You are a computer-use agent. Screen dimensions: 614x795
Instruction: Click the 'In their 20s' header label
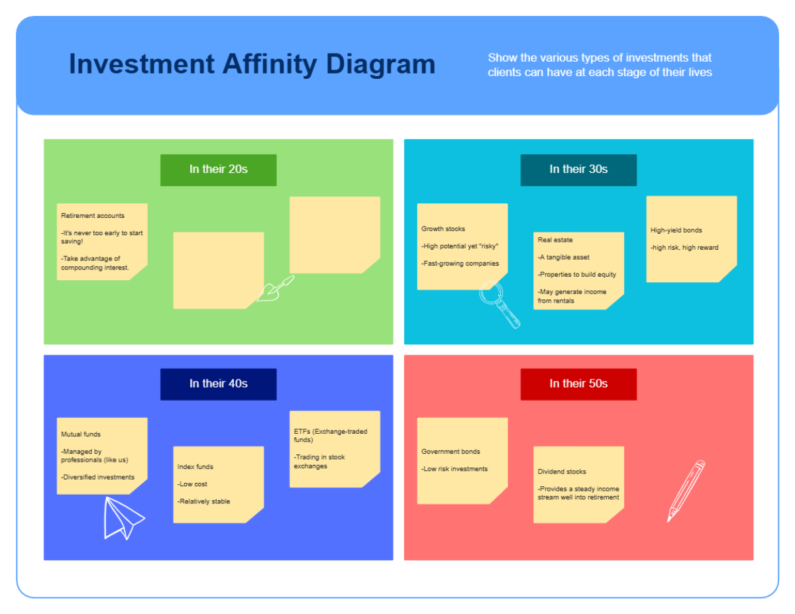[218, 170]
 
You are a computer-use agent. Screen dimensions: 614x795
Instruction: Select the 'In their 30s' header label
[578, 170]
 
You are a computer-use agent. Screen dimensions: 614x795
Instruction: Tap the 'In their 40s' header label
[218, 384]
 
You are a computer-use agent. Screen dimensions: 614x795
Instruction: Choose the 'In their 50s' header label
[578, 384]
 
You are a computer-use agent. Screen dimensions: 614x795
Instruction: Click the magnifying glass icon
[498, 303]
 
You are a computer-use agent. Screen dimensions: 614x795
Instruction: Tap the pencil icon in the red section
[686, 490]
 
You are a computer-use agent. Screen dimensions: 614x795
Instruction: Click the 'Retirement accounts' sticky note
[102, 242]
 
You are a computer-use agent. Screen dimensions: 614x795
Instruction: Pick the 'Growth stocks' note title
[443, 229]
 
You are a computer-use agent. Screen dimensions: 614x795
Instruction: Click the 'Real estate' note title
[555, 240]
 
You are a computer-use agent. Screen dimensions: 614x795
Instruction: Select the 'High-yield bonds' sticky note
[691, 238]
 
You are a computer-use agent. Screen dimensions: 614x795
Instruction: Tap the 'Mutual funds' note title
[81, 435]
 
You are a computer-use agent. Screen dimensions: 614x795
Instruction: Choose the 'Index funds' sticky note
[218, 484]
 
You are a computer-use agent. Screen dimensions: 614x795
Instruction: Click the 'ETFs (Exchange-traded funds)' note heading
[330, 435]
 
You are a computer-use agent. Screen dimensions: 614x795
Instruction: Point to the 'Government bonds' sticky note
[462, 460]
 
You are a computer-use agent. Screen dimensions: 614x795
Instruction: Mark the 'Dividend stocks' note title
[562, 472]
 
